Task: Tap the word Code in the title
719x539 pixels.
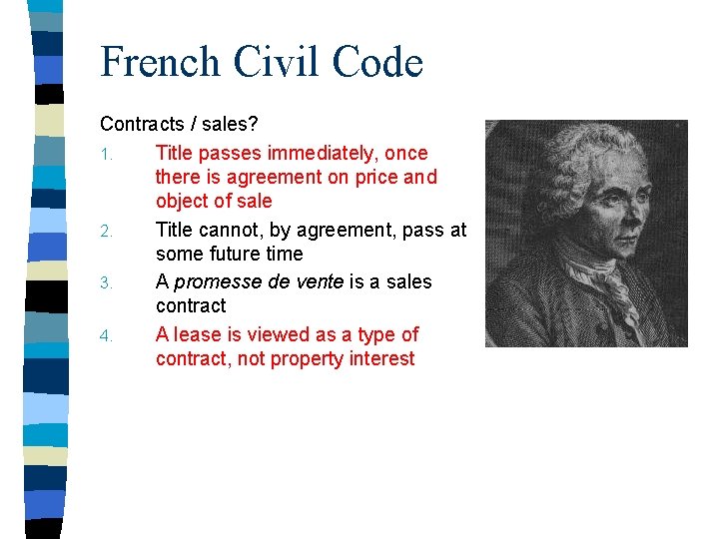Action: [x=376, y=62]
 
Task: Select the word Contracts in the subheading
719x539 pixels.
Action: [x=142, y=125]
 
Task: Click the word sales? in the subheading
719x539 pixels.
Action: [x=230, y=125]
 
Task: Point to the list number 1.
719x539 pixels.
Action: [x=105, y=155]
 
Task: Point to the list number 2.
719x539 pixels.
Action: [x=105, y=232]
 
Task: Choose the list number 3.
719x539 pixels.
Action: [x=105, y=283]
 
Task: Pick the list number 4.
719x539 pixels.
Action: [x=105, y=335]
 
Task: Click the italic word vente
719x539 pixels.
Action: [x=319, y=282]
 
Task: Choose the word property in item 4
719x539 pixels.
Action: [x=304, y=359]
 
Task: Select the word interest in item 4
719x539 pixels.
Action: [x=381, y=359]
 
